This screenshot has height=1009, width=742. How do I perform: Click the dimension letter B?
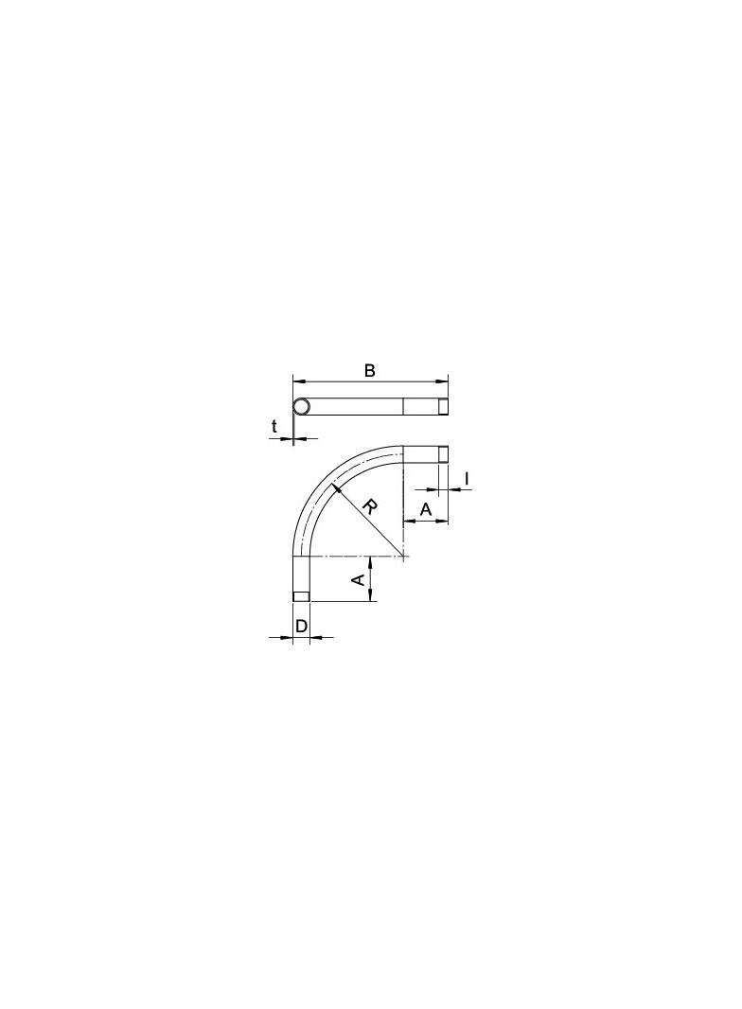[x=369, y=371]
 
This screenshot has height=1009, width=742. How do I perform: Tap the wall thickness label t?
[x=274, y=426]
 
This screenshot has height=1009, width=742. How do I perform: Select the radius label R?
[x=369, y=507]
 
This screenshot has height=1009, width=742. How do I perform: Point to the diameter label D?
[x=301, y=625]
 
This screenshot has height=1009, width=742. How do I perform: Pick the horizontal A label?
[x=425, y=509]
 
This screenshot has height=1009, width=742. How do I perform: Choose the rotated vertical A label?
[x=359, y=579]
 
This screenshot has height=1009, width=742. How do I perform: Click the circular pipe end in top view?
[x=302, y=407]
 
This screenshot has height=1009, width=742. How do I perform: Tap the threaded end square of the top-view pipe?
[x=443, y=407]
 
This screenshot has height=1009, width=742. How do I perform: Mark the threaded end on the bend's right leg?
[x=443, y=454]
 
